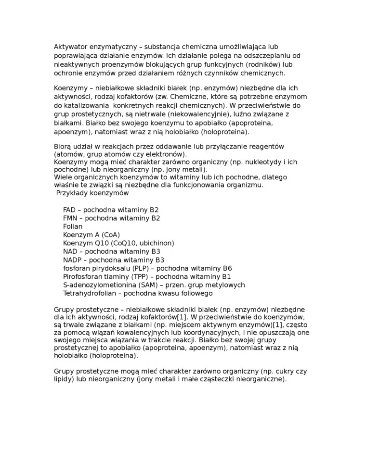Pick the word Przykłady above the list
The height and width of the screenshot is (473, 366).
pyautogui.click(x=72, y=193)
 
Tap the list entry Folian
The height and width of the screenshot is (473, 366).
pyautogui.click(x=73, y=226)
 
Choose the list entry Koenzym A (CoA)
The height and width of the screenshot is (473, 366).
pyautogui.click(x=91, y=235)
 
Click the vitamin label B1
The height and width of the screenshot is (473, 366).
pyautogui.click(x=226, y=277)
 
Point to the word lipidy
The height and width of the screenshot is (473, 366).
pyautogui.click(x=64, y=380)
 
